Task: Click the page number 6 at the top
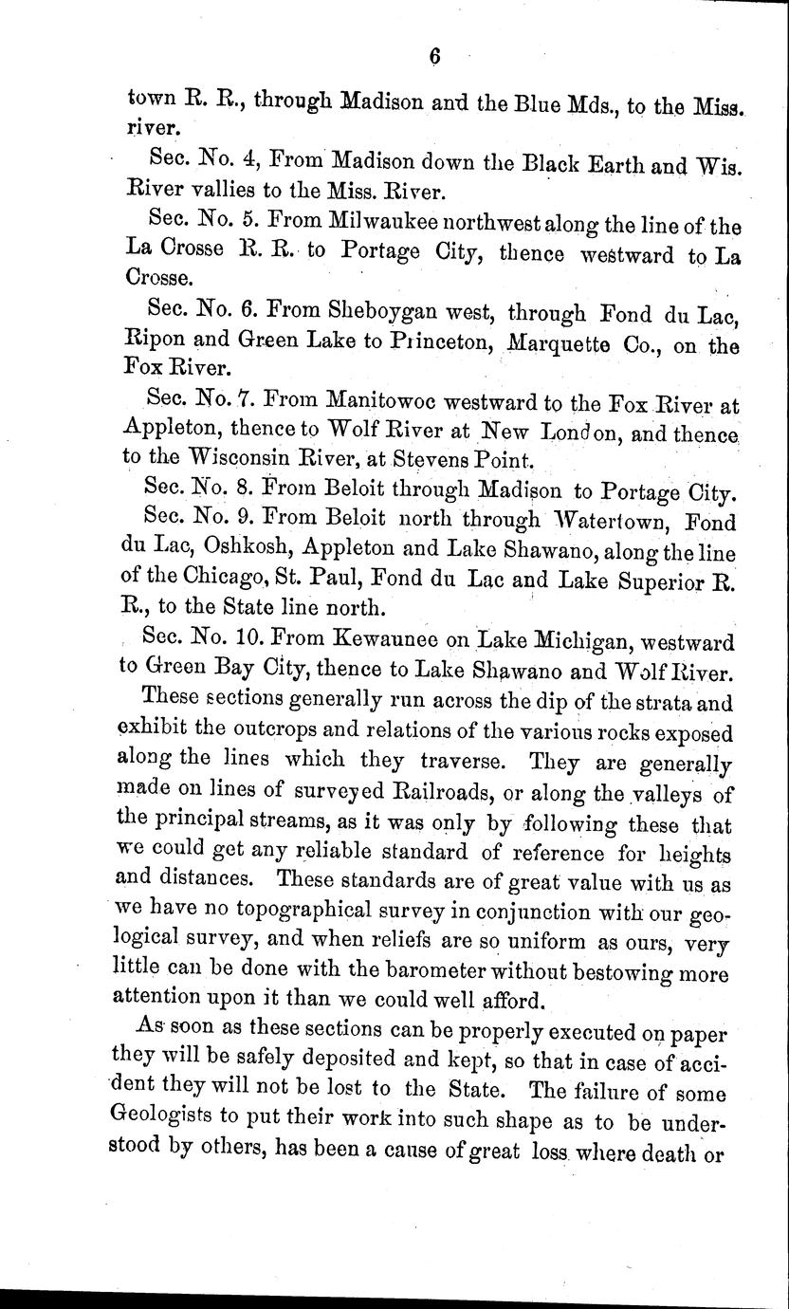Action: pyautogui.click(x=434, y=56)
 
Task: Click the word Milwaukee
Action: pyautogui.click(x=379, y=226)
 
